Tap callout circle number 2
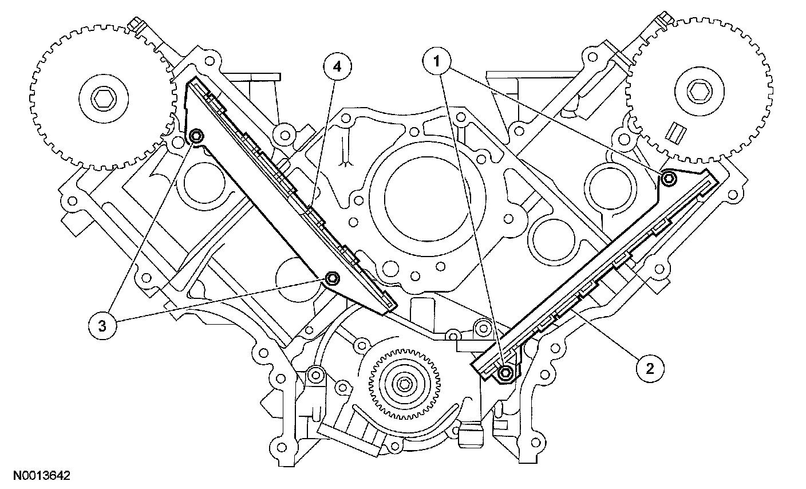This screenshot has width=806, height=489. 650,368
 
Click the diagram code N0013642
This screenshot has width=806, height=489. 38,475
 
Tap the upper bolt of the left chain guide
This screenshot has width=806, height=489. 196,136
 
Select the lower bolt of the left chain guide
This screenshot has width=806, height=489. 331,279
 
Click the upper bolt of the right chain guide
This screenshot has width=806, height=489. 668,179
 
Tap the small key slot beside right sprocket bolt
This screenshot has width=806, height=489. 677,133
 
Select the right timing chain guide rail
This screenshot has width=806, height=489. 595,275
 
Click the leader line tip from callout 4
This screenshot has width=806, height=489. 307,207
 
